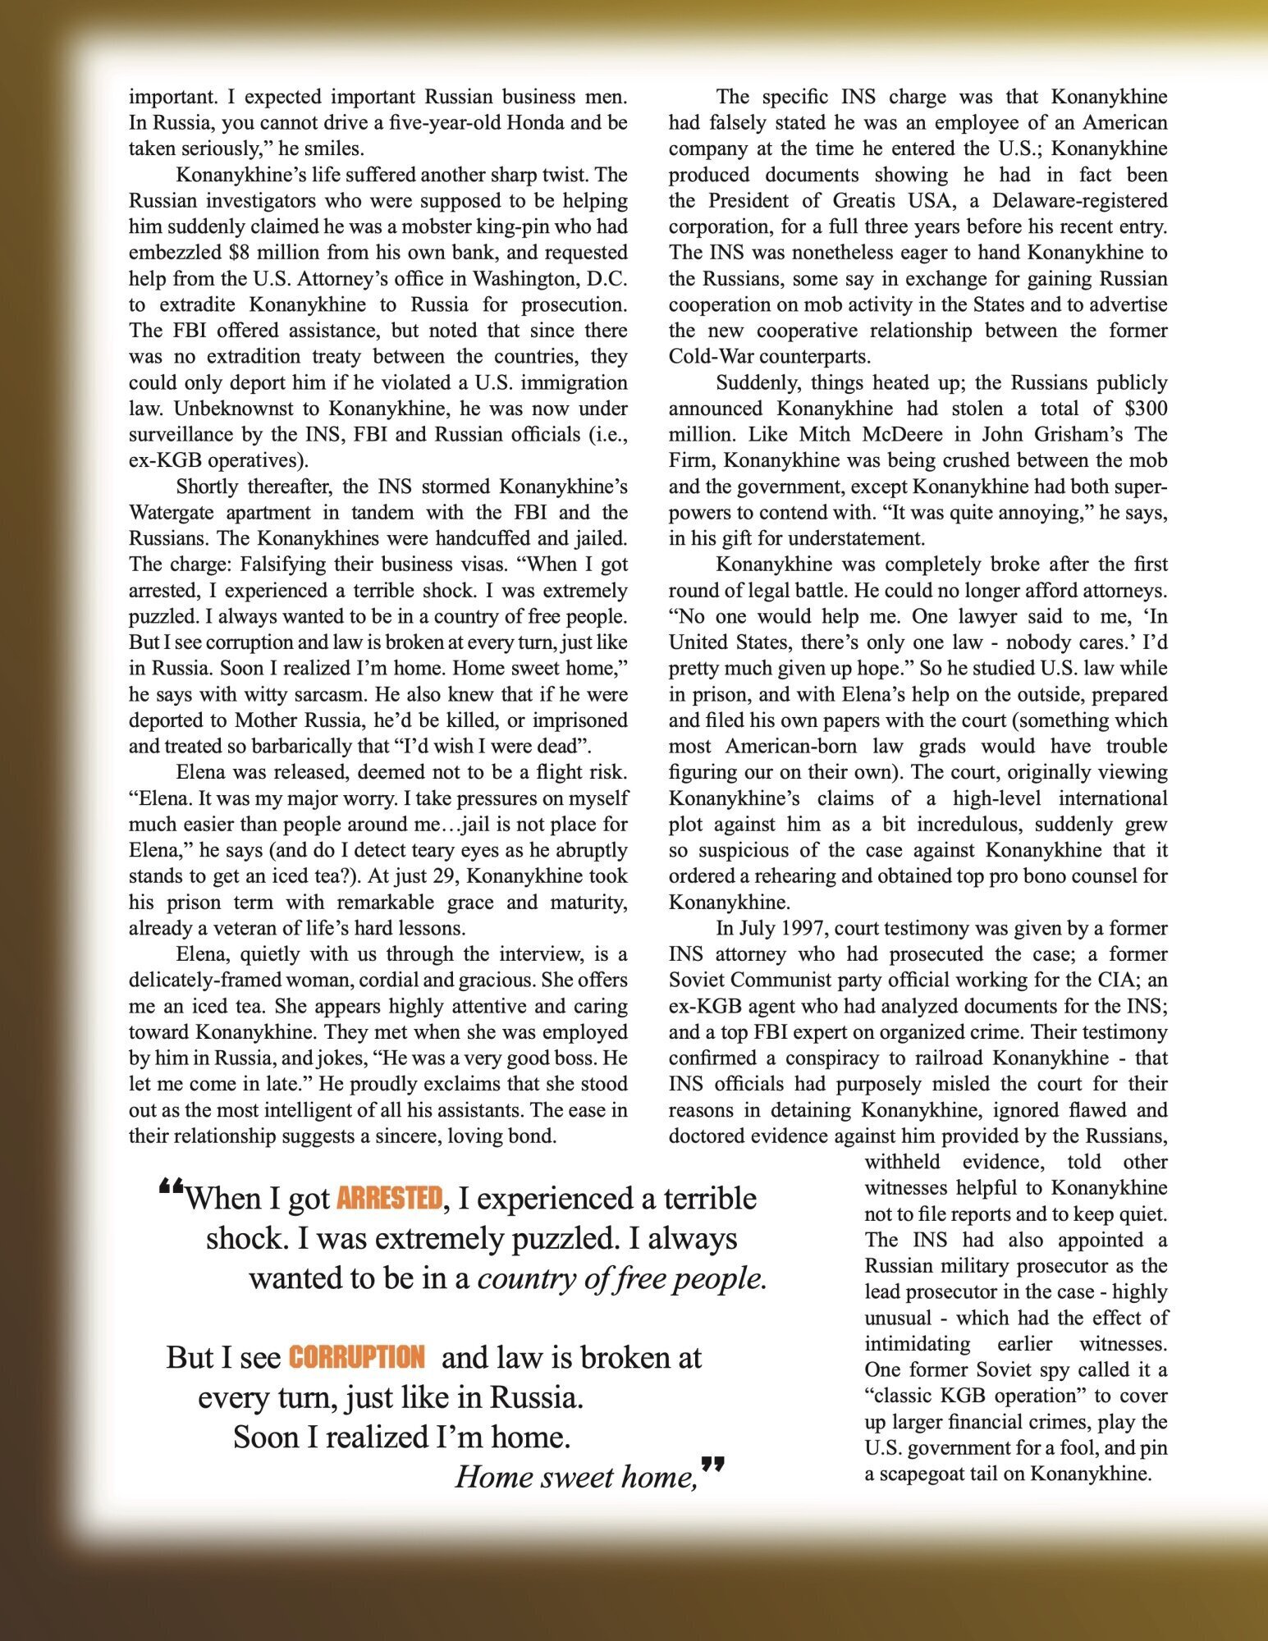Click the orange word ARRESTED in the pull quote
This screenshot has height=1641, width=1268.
pyautogui.click(x=388, y=1199)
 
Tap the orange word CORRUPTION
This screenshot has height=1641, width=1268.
pyautogui.click(x=356, y=1357)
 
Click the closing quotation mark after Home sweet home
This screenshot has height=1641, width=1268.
pyautogui.click(x=714, y=1463)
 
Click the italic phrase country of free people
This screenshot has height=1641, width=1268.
pyautogui.click(x=622, y=1278)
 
